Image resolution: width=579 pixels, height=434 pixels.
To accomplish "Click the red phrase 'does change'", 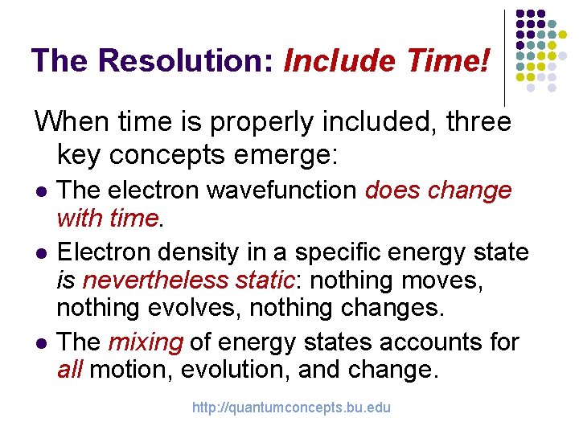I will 438,190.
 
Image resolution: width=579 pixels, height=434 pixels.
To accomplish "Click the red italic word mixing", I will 145,342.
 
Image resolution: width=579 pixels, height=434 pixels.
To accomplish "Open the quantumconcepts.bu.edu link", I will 290,407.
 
